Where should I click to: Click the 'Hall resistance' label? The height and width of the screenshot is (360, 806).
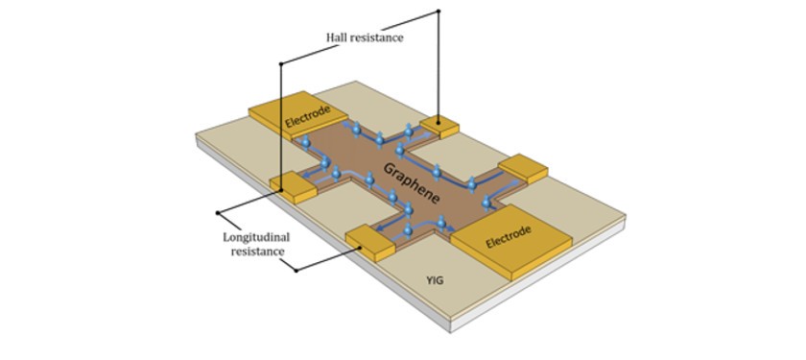[362, 37]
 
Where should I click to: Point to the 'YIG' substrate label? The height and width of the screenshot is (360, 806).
[437, 281]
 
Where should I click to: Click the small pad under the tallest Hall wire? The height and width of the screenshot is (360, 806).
[441, 122]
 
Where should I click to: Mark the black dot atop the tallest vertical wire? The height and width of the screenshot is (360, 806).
[439, 12]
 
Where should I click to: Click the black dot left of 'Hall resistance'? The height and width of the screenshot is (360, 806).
[280, 64]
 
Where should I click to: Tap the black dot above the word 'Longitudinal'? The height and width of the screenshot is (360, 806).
[219, 211]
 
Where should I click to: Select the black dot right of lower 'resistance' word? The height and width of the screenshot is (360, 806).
[296, 270]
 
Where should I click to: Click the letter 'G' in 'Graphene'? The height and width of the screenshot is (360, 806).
[389, 167]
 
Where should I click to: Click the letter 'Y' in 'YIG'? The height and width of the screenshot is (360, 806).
[430, 281]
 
